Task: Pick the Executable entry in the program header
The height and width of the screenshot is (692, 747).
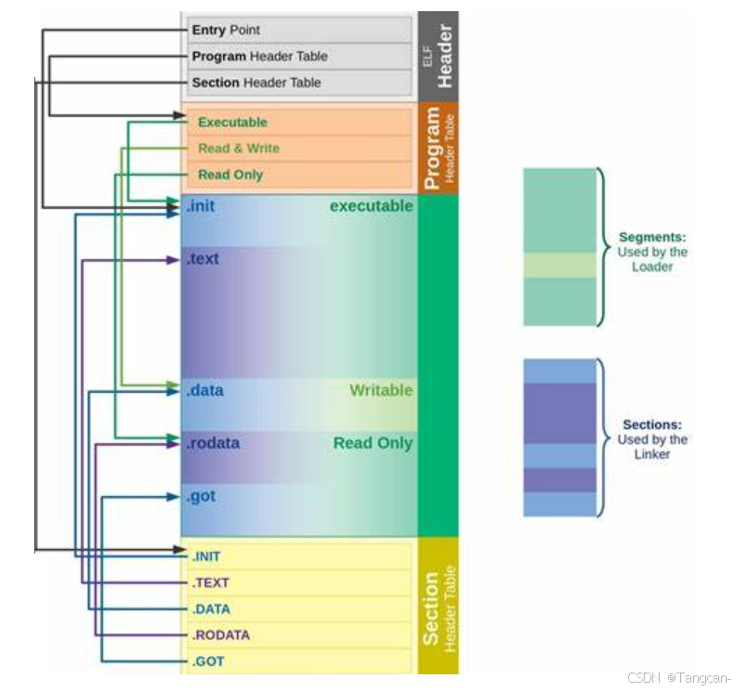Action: coord(232,123)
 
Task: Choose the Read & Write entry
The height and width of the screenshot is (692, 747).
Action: coord(238,149)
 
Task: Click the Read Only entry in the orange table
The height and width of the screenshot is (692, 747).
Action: coord(230,175)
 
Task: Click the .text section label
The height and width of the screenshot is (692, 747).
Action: coord(203,259)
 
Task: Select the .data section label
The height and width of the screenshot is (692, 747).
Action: coord(204,391)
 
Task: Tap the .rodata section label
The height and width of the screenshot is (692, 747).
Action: coord(213,443)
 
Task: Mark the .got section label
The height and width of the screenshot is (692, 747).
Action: coord(201,496)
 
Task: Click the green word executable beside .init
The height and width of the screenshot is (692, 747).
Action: coord(371,206)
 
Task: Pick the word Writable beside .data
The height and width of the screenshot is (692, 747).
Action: coord(381,391)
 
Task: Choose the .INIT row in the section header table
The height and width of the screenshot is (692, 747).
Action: coord(206,556)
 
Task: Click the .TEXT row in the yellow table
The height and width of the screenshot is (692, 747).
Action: coord(210,583)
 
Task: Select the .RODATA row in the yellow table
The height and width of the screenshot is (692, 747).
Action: coord(220,635)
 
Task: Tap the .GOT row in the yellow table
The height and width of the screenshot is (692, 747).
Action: coord(208,661)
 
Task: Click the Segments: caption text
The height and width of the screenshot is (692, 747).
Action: coord(652,238)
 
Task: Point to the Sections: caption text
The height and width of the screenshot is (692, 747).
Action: coord(652,425)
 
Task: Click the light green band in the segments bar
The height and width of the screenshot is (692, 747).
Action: coord(558,266)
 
